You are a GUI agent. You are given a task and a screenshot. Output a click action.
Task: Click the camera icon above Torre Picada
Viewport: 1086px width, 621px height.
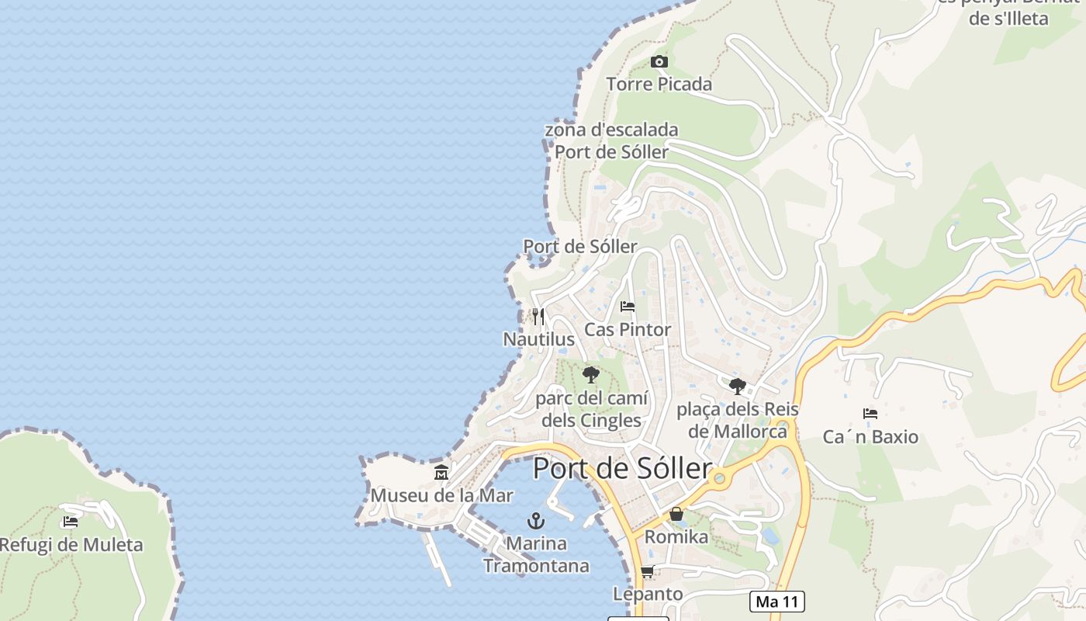659,62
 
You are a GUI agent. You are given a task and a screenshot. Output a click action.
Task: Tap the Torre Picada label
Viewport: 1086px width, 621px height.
659,84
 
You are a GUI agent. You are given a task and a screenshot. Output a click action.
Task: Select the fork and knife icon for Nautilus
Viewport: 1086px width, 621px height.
538,317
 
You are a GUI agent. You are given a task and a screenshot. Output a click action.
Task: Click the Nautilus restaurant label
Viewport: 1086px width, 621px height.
539,339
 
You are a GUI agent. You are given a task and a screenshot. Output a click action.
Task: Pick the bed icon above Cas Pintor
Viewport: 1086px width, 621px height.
628,307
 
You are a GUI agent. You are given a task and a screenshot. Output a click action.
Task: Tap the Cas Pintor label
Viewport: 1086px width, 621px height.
628,329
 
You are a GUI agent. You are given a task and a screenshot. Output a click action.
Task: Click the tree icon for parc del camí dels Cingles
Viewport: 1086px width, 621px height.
591,376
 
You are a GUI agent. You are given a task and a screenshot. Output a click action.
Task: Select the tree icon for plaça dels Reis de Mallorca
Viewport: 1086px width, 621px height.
737,386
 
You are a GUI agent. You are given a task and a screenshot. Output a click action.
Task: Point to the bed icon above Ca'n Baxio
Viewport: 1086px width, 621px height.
870,414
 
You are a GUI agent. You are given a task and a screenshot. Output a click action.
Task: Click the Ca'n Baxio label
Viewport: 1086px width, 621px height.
870,437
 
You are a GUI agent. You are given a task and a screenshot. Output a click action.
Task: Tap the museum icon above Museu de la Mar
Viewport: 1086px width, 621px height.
441,472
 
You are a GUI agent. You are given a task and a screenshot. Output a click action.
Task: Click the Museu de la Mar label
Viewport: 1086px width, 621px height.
441,495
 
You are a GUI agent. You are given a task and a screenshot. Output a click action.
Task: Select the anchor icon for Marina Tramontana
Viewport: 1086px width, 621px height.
535,521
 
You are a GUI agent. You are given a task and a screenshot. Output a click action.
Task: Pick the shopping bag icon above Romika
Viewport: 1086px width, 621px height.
676,514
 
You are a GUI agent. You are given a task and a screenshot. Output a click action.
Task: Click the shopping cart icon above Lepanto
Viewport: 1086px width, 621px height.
648,572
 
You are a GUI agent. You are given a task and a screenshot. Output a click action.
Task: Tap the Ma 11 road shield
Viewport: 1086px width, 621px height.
777,602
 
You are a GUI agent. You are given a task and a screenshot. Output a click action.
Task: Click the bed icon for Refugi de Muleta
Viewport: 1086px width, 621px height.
71,522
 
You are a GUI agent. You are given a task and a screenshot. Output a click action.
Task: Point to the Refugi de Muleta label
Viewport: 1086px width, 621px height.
71,545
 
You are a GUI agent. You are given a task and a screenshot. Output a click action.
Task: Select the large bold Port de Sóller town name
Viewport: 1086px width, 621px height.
622,469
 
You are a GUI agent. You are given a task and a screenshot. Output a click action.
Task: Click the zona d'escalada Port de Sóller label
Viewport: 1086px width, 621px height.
611,141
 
